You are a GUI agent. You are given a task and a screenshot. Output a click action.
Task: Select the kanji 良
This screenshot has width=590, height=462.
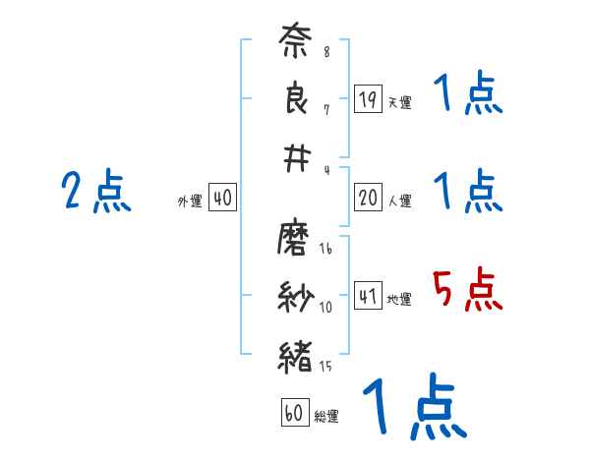pyautogui.click(x=296, y=102)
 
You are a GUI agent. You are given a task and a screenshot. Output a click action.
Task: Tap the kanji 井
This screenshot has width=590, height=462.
pyautogui.click(x=296, y=157)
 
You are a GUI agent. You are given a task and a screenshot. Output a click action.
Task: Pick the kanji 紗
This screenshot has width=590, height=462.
pyautogui.click(x=296, y=295)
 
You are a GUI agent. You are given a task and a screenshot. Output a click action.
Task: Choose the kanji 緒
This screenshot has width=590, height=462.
pyautogui.click(x=296, y=354)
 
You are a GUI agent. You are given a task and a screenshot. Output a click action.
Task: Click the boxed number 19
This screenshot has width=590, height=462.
pyautogui.click(x=368, y=98)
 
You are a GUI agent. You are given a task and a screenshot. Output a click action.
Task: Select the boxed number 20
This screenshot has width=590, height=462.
pyautogui.click(x=368, y=198)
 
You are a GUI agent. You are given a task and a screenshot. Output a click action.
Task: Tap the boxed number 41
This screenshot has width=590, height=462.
pyautogui.click(x=368, y=296)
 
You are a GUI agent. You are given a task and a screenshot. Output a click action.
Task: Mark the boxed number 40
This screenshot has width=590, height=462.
pyautogui.click(x=222, y=198)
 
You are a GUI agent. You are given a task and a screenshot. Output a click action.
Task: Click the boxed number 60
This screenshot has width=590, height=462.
pyautogui.click(x=294, y=413)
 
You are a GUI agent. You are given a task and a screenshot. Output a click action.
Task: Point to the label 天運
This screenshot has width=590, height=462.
pyautogui.click(x=399, y=102)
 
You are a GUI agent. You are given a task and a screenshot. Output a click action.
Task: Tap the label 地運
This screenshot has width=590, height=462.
pyautogui.click(x=399, y=300)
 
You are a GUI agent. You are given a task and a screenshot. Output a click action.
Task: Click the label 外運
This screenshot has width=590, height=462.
pyautogui.click(x=190, y=202)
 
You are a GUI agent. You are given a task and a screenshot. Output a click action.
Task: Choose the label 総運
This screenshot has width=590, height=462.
pyautogui.click(x=326, y=417)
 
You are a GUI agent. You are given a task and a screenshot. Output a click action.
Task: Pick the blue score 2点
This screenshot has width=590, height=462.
pyautogui.click(x=95, y=192)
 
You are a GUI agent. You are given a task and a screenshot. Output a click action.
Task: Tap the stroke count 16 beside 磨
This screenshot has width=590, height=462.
pyautogui.click(x=325, y=251)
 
